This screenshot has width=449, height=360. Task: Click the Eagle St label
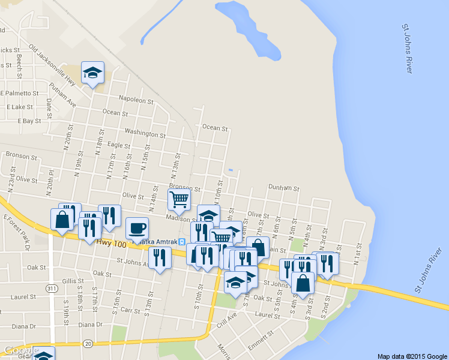pos(118,145)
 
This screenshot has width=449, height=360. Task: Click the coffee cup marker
pos(137,229)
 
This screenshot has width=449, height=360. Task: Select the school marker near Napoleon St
pos(92,73)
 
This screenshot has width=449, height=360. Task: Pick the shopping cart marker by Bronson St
pos(179,200)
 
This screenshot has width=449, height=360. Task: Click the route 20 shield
pos(88,343)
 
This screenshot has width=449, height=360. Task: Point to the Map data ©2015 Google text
pos(412,356)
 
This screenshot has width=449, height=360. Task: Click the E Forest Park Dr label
pos(17,228)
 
